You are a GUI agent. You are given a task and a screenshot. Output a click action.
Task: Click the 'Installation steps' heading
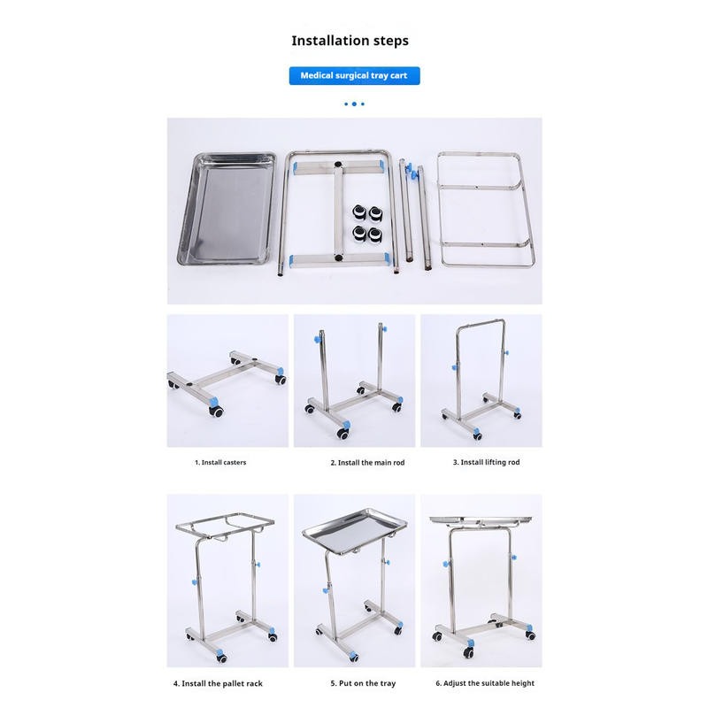click(x=350, y=41)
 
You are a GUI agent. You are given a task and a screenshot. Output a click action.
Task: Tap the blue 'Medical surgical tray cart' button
click(x=354, y=76)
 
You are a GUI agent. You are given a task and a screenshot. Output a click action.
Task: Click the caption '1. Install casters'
click(x=220, y=462)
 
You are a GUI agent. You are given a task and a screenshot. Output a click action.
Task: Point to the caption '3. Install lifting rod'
click(x=486, y=462)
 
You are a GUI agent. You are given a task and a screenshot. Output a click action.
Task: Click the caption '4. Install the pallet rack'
click(x=218, y=683)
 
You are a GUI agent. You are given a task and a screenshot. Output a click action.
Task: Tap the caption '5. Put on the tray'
click(x=364, y=683)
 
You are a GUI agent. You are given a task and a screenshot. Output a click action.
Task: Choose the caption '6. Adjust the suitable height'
click(x=485, y=683)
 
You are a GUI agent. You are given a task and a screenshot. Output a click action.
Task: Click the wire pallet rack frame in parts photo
click(x=485, y=209)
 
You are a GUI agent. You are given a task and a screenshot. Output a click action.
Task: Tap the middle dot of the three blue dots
click(x=354, y=104)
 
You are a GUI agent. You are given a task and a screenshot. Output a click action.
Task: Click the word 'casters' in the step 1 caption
click(x=234, y=462)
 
